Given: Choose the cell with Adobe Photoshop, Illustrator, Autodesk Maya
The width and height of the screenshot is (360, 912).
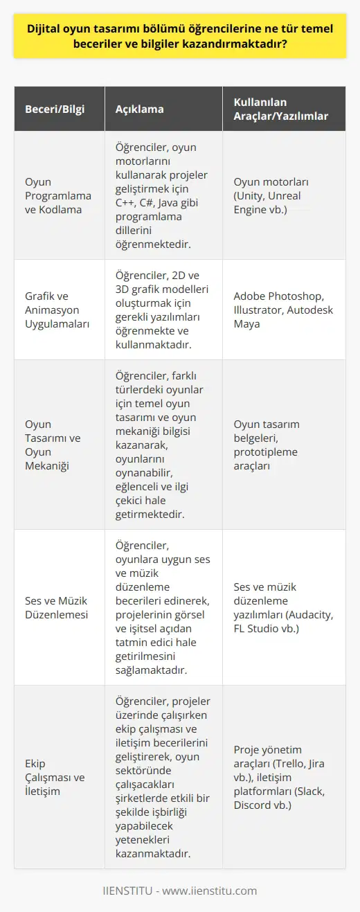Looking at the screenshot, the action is click(282, 310).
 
